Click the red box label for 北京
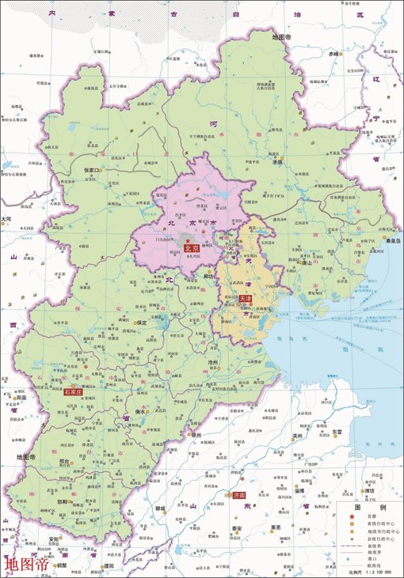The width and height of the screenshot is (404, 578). (191, 248)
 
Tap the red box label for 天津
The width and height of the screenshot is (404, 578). (245, 300)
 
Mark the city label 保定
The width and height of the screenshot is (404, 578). (142, 323)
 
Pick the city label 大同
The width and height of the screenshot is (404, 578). (6, 219)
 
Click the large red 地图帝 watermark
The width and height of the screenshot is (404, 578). (26, 565)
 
